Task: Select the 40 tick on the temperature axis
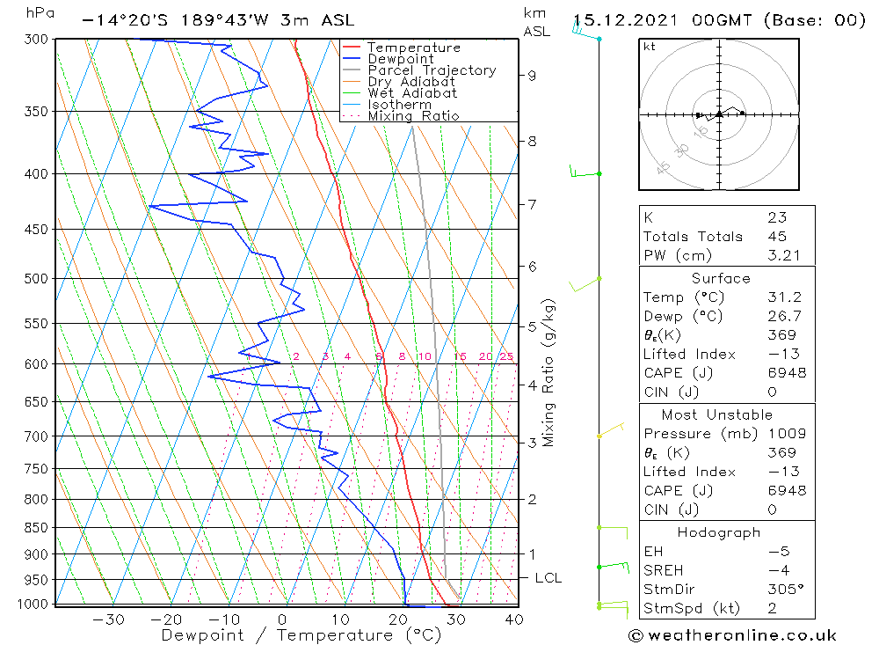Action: tap(514, 619)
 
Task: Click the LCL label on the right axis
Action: tap(548, 578)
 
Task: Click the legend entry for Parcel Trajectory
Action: tap(432, 70)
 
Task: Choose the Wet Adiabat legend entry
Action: tap(412, 93)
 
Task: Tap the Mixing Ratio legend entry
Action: tap(413, 116)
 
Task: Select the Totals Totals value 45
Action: tap(777, 237)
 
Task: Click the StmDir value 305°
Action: tap(781, 590)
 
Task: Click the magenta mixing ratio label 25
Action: tap(506, 356)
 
